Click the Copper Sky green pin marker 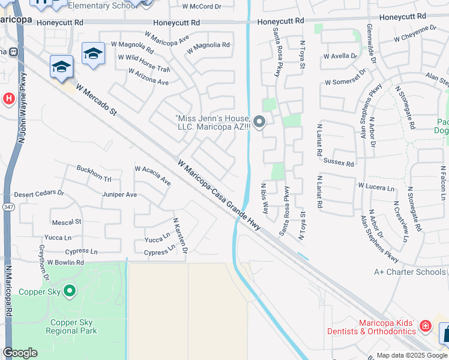point(70,292)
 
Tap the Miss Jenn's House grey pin point(259,122)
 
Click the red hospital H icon point(8,98)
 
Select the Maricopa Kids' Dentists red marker point(425,326)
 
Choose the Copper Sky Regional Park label point(71,326)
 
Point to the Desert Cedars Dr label point(39,194)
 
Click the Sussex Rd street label point(339,163)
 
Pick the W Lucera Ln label point(376,187)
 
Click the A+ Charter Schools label point(410,272)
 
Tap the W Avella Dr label point(341,56)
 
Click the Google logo point(20,353)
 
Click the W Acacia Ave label point(153,175)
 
